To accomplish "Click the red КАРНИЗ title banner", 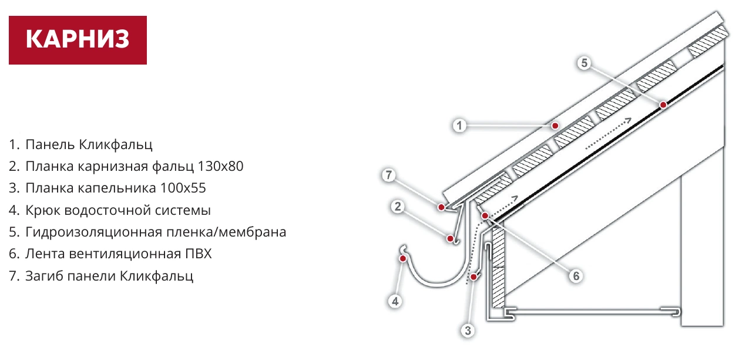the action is point(78,40).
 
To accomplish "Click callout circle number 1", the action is point(459,126).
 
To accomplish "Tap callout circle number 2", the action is point(398,207).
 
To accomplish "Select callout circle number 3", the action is point(468,330).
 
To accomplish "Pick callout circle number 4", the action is point(395,301).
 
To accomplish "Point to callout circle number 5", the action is point(584,63).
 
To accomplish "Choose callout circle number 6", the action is point(576,276).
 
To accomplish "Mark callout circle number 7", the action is point(388,175).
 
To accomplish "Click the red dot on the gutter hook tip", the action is point(403,258).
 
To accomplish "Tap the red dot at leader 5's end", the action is point(663,105).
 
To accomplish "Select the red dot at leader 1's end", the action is point(555,126).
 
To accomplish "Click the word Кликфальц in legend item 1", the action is point(116,145).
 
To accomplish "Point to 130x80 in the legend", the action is point(220,166).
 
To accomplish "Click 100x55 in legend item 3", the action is point(183,188).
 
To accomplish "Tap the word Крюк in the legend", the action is point(43,211).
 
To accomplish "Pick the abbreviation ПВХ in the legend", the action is point(199,254).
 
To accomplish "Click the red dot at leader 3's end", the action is point(473,277).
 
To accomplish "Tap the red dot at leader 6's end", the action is point(485,216).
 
